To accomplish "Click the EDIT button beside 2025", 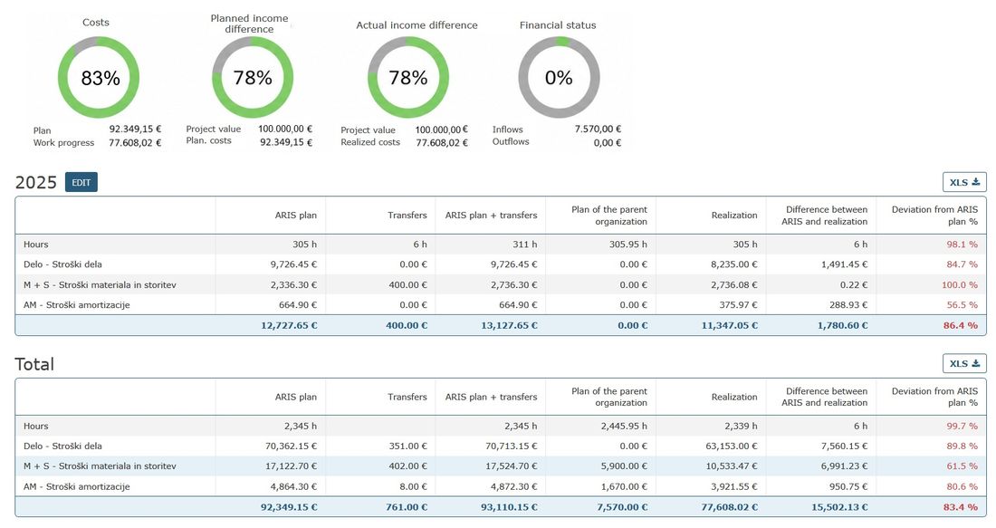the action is pyautogui.click(x=81, y=182).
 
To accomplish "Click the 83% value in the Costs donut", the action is pyautogui.click(x=101, y=78).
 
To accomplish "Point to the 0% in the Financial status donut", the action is pyautogui.click(x=559, y=78).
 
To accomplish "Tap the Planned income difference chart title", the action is pyautogui.click(x=249, y=24).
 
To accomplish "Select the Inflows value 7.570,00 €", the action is pyautogui.click(x=598, y=129).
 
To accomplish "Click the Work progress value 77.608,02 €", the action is pyautogui.click(x=135, y=143).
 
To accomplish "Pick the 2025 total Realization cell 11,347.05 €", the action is pyautogui.click(x=729, y=325).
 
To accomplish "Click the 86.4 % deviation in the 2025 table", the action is pyautogui.click(x=961, y=325).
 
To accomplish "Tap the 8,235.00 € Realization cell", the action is pyautogui.click(x=733, y=264).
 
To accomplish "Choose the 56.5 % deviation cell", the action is pyautogui.click(x=962, y=305).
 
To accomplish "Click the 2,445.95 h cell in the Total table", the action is pyautogui.click(x=624, y=426).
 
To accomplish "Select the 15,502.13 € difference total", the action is pyautogui.click(x=839, y=507).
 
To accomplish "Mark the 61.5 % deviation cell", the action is pyautogui.click(x=962, y=466).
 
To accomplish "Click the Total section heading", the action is pyautogui.click(x=34, y=364).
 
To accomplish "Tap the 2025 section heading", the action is pyautogui.click(x=35, y=182).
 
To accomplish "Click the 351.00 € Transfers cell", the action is pyautogui.click(x=407, y=446).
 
